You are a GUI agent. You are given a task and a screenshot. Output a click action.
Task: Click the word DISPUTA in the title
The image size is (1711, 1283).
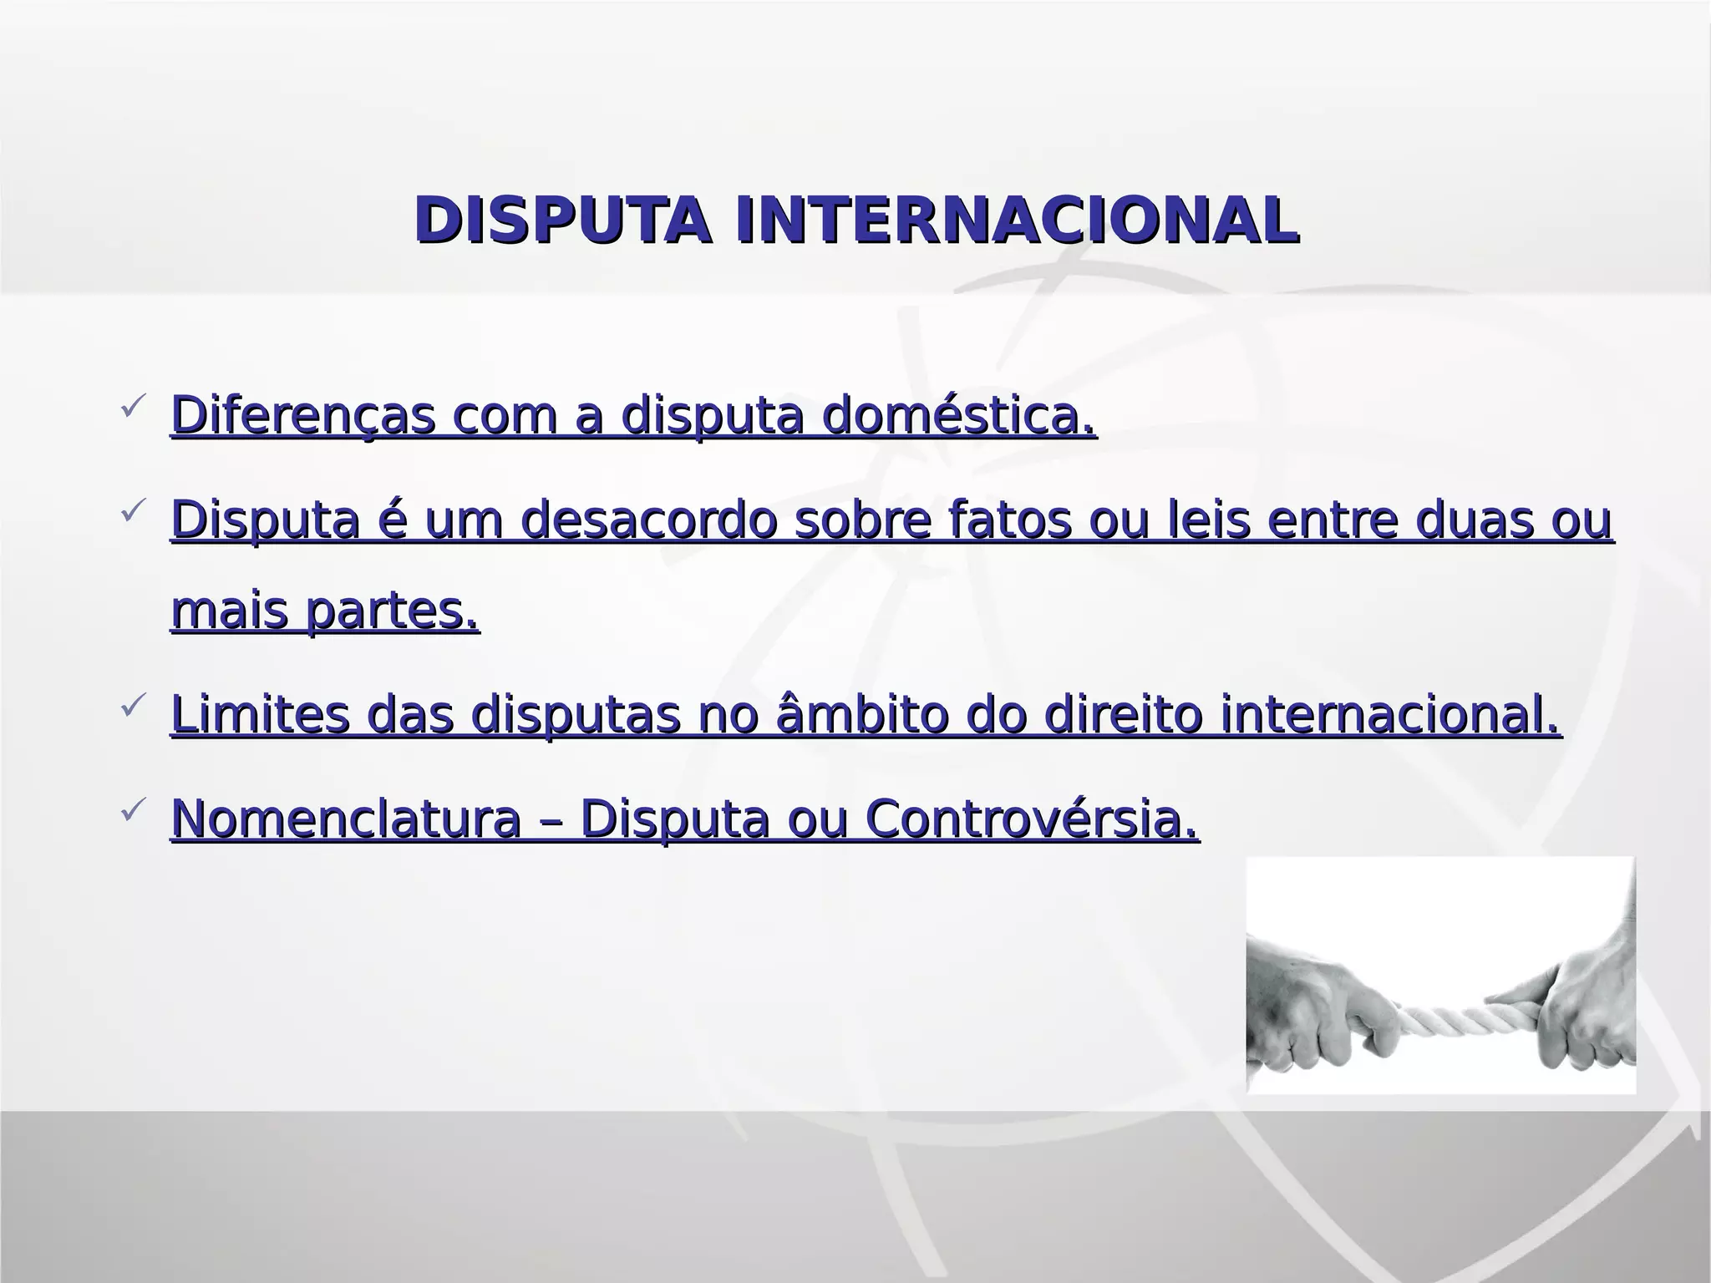pos(563,221)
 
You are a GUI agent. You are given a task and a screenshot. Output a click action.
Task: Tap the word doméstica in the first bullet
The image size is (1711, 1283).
pos(957,415)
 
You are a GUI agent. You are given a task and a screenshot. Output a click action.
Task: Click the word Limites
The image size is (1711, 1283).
pos(260,715)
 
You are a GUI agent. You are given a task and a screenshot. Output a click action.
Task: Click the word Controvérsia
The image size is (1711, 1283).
pos(1031,819)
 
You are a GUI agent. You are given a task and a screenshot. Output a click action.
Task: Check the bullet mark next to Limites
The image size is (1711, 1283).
pos(134,707)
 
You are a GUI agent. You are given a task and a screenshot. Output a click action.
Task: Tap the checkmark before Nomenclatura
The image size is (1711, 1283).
pos(134,810)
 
